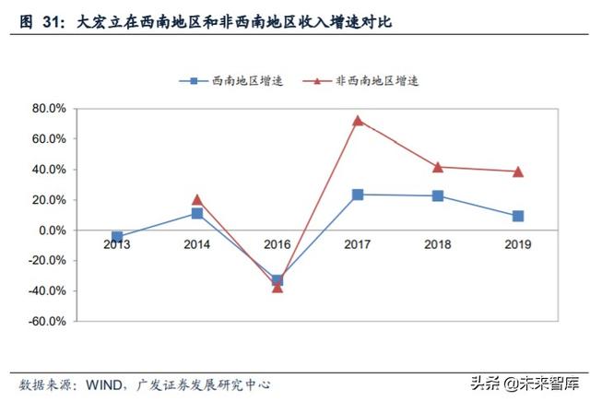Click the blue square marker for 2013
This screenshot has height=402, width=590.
click(x=117, y=237)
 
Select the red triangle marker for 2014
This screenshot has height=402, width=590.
click(x=197, y=199)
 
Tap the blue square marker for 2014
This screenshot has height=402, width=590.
click(x=197, y=213)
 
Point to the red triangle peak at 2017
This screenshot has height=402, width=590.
click(x=358, y=120)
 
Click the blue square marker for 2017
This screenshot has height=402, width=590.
click(x=358, y=195)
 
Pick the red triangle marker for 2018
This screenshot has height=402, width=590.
click(x=438, y=167)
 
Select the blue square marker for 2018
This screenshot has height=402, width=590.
click(x=438, y=195)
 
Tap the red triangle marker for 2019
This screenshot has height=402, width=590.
click(x=518, y=171)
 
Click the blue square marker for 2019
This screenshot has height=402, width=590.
click(x=518, y=216)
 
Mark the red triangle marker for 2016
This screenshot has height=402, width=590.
click(x=277, y=288)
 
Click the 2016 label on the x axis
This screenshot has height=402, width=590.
click(x=277, y=244)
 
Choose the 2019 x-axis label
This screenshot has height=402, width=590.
click(x=518, y=244)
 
